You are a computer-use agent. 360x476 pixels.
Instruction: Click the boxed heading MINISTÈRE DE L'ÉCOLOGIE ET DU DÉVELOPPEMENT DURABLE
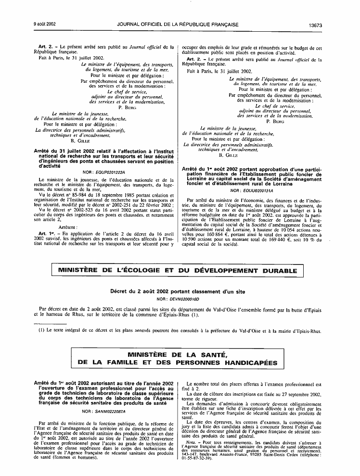point(180,271)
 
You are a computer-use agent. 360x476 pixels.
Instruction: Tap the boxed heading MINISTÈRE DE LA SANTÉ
point(180,354)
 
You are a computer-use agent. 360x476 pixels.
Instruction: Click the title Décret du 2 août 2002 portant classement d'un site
point(180,292)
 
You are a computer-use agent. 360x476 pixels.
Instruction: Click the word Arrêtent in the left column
point(67,226)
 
